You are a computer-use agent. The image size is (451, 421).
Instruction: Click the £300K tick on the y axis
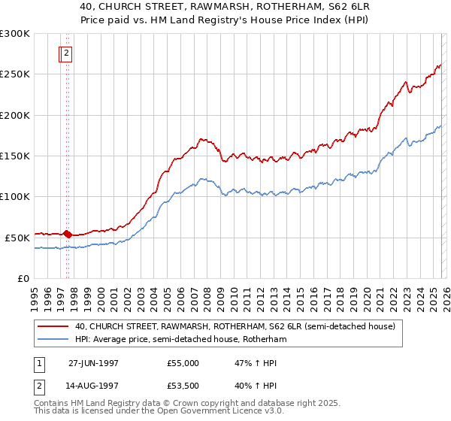tap(15, 34)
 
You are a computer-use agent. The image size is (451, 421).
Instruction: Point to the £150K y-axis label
tap(15, 156)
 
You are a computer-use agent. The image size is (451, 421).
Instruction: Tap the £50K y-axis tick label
tap(18, 238)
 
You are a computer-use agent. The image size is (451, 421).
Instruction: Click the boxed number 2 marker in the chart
tap(66, 53)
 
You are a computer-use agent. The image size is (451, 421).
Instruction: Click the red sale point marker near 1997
tap(68, 235)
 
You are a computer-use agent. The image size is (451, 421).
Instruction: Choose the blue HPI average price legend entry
tap(180, 340)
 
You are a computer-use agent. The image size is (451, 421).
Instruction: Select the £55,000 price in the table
tap(183, 362)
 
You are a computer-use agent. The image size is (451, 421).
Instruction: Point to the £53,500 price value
tap(183, 388)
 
